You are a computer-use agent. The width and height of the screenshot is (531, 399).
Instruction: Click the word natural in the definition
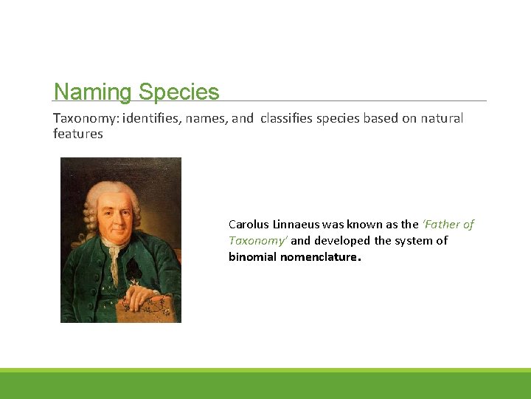pyautogui.click(x=441, y=118)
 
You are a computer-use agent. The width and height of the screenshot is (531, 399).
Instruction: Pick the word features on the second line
pyautogui.click(x=77, y=134)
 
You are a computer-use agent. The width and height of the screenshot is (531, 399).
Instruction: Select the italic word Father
pyautogui.click(x=442, y=224)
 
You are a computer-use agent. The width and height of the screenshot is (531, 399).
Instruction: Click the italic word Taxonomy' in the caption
pyautogui.click(x=258, y=240)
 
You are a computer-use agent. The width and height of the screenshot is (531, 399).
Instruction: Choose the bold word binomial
pyautogui.click(x=252, y=256)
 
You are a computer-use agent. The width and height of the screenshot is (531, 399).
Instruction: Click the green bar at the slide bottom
pyautogui.click(x=265, y=384)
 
